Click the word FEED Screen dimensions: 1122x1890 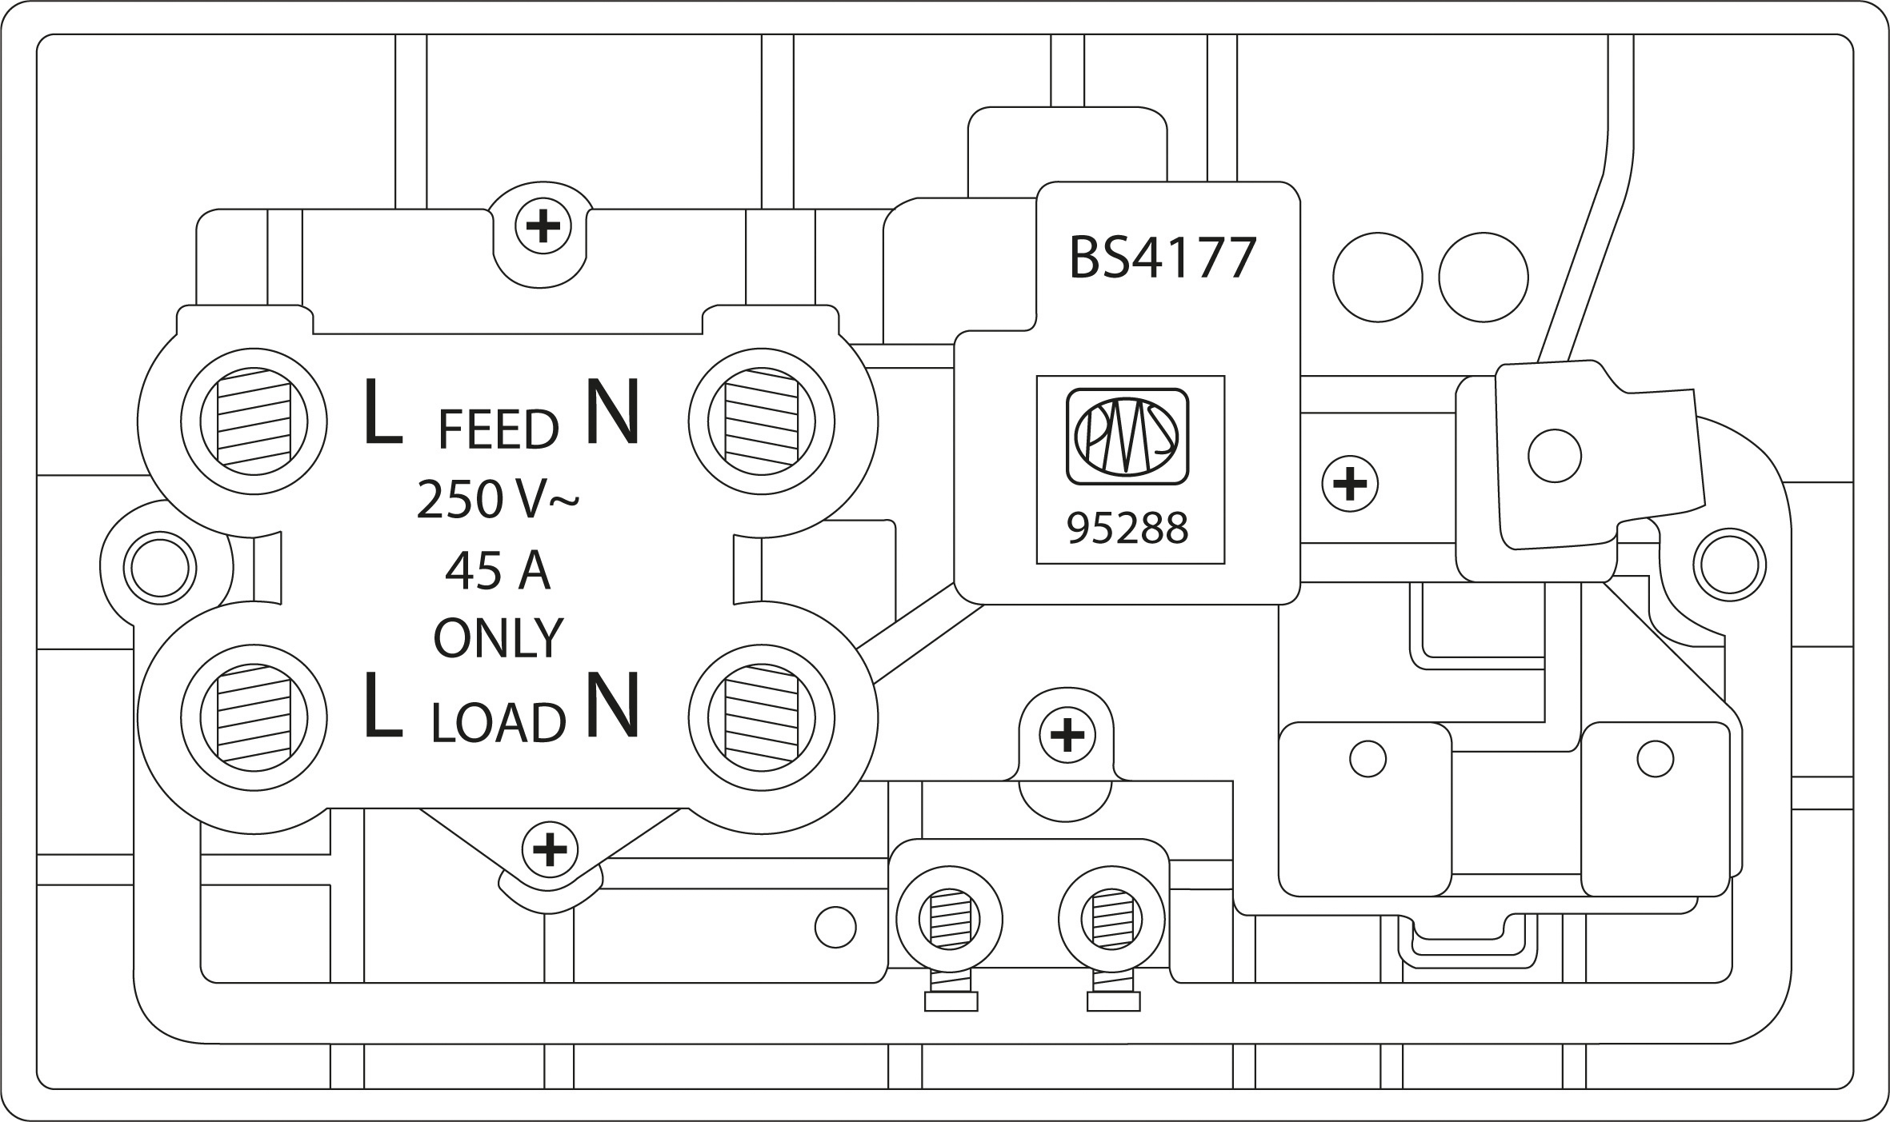click(498, 430)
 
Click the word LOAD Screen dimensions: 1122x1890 click(498, 723)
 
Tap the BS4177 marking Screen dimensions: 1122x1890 click(1163, 258)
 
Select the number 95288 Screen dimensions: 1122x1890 click(1128, 529)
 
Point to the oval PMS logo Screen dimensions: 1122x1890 click(1127, 437)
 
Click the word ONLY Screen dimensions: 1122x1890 click(498, 638)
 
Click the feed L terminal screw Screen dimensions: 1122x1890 click(253, 421)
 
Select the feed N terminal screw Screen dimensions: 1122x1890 click(761, 421)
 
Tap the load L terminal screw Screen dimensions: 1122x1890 click(253, 714)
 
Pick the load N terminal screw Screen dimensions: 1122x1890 click(761, 714)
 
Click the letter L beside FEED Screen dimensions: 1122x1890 click(382, 412)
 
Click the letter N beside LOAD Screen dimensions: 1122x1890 click(613, 705)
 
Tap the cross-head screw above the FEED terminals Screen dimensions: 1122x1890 click(543, 228)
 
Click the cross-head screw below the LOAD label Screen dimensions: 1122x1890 click(549, 848)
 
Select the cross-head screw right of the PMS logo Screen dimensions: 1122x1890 click(1350, 484)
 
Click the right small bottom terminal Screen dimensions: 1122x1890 click(1111, 919)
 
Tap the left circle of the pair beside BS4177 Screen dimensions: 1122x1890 click(1377, 278)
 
